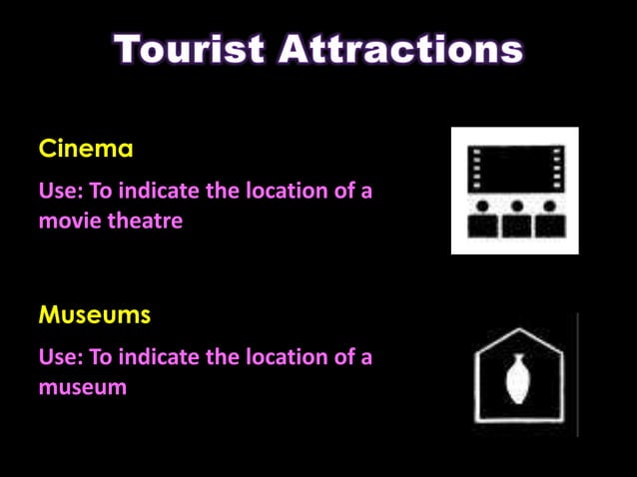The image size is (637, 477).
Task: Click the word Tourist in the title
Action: [x=190, y=50]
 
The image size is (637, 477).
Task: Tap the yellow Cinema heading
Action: [x=86, y=150]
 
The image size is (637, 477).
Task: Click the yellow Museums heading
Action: [x=95, y=315]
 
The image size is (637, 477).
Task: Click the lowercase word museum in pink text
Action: [x=83, y=386]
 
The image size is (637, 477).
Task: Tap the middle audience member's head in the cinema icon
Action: [x=516, y=208]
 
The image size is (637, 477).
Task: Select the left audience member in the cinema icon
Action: [x=484, y=222]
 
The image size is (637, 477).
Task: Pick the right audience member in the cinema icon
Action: [x=549, y=222]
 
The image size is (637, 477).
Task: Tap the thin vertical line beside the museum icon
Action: [x=577, y=374]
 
